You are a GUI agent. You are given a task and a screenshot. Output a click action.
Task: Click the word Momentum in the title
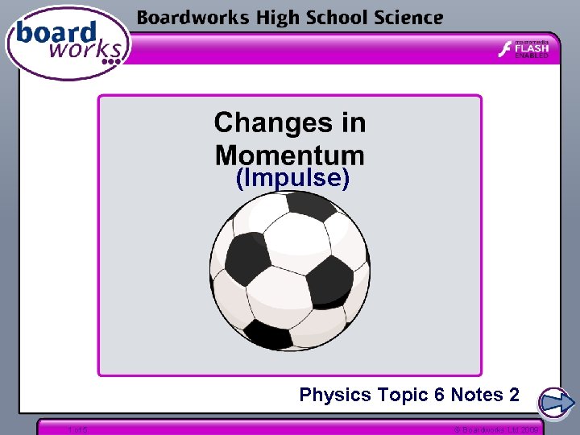(x=289, y=154)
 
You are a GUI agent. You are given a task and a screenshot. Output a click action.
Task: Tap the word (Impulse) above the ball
(x=292, y=178)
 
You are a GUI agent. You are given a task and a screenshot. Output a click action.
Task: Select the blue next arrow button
(x=555, y=402)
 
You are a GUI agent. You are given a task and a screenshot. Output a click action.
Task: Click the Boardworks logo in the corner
(x=66, y=43)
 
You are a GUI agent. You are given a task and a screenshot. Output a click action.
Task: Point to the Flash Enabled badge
(x=524, y=49)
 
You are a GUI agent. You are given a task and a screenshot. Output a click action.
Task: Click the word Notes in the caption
(x=475, y=395)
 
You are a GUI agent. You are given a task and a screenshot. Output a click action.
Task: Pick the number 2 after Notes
(x=514, y=395)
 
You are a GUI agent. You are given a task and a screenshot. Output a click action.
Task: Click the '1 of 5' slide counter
(x=78, y=429)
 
